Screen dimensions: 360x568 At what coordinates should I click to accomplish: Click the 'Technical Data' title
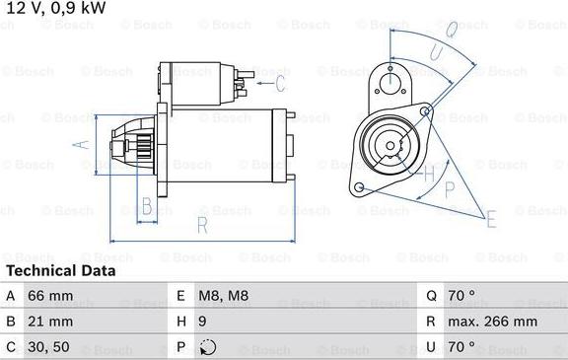point(61,270)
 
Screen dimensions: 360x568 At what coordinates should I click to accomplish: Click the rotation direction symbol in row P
point(207,347)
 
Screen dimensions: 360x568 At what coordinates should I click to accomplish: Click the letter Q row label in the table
point(432,296)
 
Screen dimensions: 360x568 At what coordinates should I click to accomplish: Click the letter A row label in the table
point(11,296)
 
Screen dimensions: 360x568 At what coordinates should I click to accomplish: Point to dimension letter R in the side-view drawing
point(201,227)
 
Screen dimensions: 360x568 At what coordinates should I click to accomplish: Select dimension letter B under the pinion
point(146,206)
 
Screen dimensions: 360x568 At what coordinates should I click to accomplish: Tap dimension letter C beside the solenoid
point(279,83)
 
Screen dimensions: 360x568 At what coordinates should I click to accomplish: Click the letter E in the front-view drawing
point(490,219)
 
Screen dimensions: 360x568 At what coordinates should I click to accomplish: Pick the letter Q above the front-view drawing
point(450,31)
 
